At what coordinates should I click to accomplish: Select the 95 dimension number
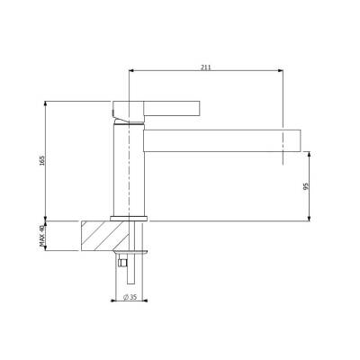(x=307, y=186)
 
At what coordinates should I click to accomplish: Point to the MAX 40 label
(x=42, y=237)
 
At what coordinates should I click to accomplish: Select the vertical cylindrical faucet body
(x=126, y=171)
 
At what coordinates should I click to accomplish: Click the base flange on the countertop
(x=129, y=218)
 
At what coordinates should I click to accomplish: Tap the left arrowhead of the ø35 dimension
(x=114, y=301)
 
